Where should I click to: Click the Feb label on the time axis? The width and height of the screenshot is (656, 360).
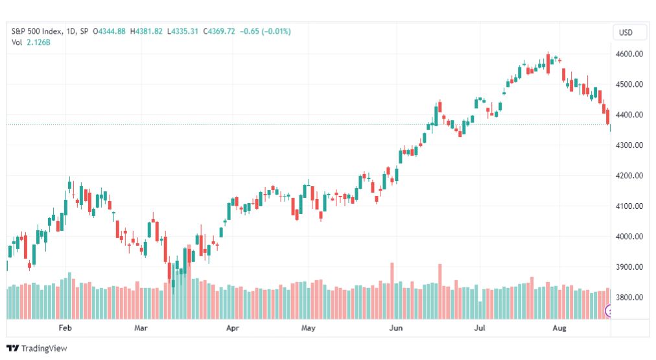point(64,328)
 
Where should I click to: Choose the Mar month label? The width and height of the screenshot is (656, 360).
point(141,328)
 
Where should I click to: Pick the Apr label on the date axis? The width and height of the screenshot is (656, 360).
point(233,328)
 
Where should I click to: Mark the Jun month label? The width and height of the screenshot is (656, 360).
point(395,328)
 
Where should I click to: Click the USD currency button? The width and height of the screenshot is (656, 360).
point(626,32)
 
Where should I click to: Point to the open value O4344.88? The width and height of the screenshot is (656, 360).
point(110,31)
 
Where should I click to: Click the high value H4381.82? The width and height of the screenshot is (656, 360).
point(146,31)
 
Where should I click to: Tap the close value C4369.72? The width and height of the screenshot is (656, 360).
point(218,31)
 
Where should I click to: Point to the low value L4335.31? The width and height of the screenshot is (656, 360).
point(182,31)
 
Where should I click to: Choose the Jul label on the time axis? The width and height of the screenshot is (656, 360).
point(480,328)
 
